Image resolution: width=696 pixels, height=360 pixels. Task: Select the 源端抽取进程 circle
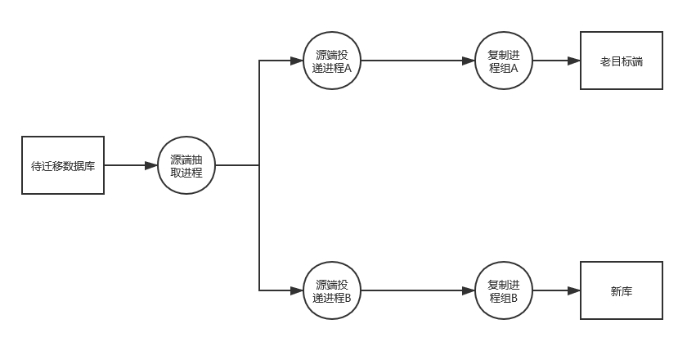(x=186, y=165)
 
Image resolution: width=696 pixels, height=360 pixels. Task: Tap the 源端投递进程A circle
(x=332, y=61)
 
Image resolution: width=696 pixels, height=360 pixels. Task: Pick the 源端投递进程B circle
(x=332, y=290)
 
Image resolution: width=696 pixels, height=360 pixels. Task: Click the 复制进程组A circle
(x=504, y=61)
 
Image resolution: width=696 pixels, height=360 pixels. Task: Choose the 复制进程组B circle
(x=504, y=290)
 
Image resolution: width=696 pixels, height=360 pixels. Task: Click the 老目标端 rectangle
(x=621, y=61)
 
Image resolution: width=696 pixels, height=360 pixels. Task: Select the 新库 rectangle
(x=621, y=290)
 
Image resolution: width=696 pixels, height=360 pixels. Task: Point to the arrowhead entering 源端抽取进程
(x=151, y=165)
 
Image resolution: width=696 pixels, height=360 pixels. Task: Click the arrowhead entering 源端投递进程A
(x=297, y=61)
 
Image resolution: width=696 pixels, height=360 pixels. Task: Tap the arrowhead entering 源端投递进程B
(x=297, y=290)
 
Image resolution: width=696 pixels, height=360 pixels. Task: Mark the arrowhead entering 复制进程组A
(x=469, y=61)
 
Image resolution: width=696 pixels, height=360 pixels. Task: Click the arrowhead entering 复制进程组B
(x=469, y=290)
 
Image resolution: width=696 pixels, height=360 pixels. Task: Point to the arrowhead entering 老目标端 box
(x=574, y=61)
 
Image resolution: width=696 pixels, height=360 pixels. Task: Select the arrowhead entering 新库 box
(x=574, y=290)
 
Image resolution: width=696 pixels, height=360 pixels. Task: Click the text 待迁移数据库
(x=63, y=166)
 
